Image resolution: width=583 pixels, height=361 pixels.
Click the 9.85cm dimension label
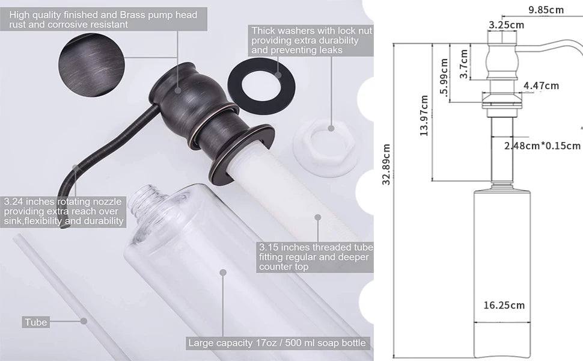pos(546,9)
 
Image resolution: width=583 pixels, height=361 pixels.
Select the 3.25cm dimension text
pos(506,25)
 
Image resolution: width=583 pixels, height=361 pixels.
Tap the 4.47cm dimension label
pos(541,86)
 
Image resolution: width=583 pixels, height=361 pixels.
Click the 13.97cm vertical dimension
pos(424,116)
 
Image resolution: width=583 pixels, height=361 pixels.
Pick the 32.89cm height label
pos(386,164)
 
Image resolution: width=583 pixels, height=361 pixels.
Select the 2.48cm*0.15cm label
pos(542,146)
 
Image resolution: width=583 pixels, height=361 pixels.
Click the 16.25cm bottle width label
pos(504,305)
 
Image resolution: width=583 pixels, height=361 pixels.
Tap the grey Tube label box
pos(36,322)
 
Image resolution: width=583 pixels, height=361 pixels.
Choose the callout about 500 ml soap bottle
pos(276,343)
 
